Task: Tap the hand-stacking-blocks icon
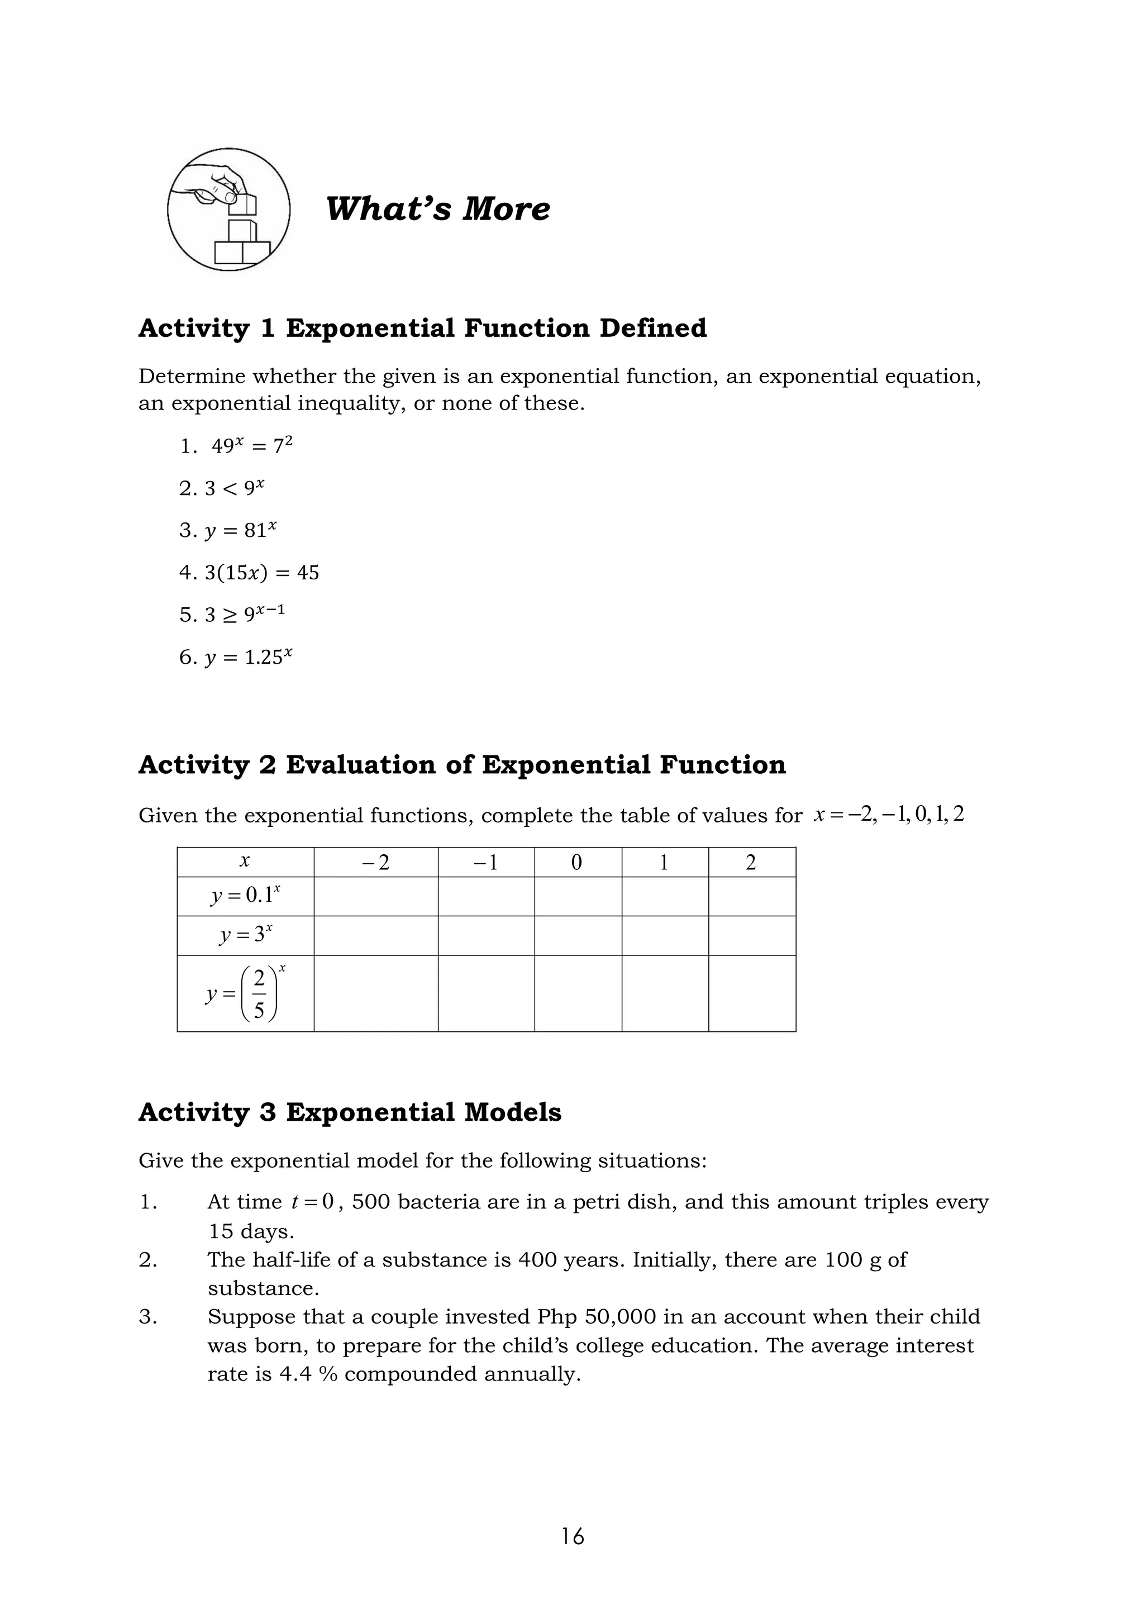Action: pyautogui.click(x=228, y=210)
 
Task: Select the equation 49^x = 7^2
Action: pyautogui.click(x=251, y=446)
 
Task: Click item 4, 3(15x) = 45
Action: pyautogui.click(x=261, y=572)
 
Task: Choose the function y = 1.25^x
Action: pyautogui.click(x=248, y=658)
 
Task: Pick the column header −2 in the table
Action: pyautogui.click(x=375, y=863)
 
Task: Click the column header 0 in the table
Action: pyautogui.click(x=577, y=863)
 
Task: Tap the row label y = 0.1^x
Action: pyautogui.click(x=245, y=896)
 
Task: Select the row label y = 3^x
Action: pyautogui.click(x=245, y=935)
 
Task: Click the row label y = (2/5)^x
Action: pyautogui.click(x=245, y=993)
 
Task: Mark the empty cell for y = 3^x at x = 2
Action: pyautogui.click(x=752, y=935)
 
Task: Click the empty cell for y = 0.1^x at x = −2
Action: pyautogui.click(x=375, y=896)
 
